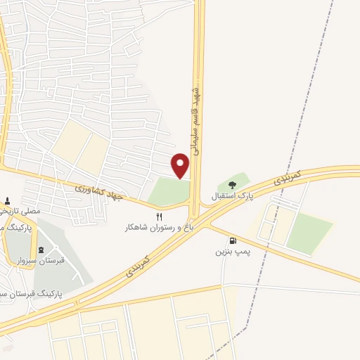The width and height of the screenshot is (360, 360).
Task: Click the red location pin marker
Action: pyautogui.click(x=181, y=165)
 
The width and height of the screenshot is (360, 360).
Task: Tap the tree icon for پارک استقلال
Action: pyautogui.click(x=233, y=186)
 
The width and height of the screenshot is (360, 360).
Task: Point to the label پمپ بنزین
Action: pyautogui.click(x=233, y=251)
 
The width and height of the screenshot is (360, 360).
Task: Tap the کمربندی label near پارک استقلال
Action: pyautogui.click(x=289, y=177)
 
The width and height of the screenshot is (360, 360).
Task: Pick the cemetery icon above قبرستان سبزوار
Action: pyautogui.click(x=41, y=250)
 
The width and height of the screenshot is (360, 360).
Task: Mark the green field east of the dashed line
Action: pyautogui.click(x=309, y=232)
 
